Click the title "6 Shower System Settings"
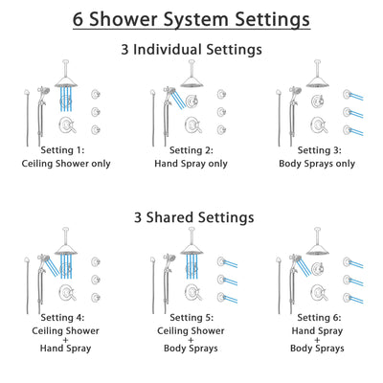[191, 19]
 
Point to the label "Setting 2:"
[191, 150]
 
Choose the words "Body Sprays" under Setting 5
[191, 349]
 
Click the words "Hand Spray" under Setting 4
[68, 349]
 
